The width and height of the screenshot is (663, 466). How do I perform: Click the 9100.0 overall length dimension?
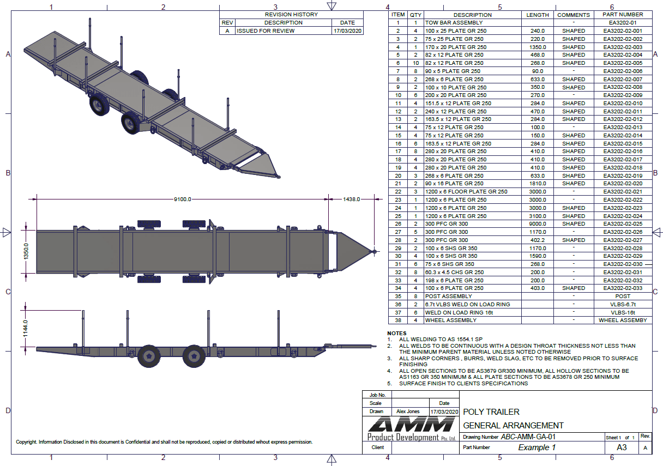click(x=183, y=199)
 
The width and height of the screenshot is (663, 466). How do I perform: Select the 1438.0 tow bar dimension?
click(x=352, y=199)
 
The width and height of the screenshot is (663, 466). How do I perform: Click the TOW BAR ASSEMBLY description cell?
click(x=454, y=23)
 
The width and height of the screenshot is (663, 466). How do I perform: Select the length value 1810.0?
click(x=538, y=184)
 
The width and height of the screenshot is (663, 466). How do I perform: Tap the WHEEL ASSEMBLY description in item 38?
click(x=450, y=320)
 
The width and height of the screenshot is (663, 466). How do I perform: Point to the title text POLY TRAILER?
click(x=491, y=412)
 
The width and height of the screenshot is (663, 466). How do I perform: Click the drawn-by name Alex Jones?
click(x=408, y=411)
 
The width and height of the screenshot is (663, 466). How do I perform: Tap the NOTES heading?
click(x=396, y=333)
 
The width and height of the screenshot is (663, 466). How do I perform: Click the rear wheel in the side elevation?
click(x=149, y=356)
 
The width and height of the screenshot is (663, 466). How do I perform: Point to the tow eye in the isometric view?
click(x=278, y=176)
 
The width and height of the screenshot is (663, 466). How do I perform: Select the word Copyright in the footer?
click(x=27, y=442)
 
